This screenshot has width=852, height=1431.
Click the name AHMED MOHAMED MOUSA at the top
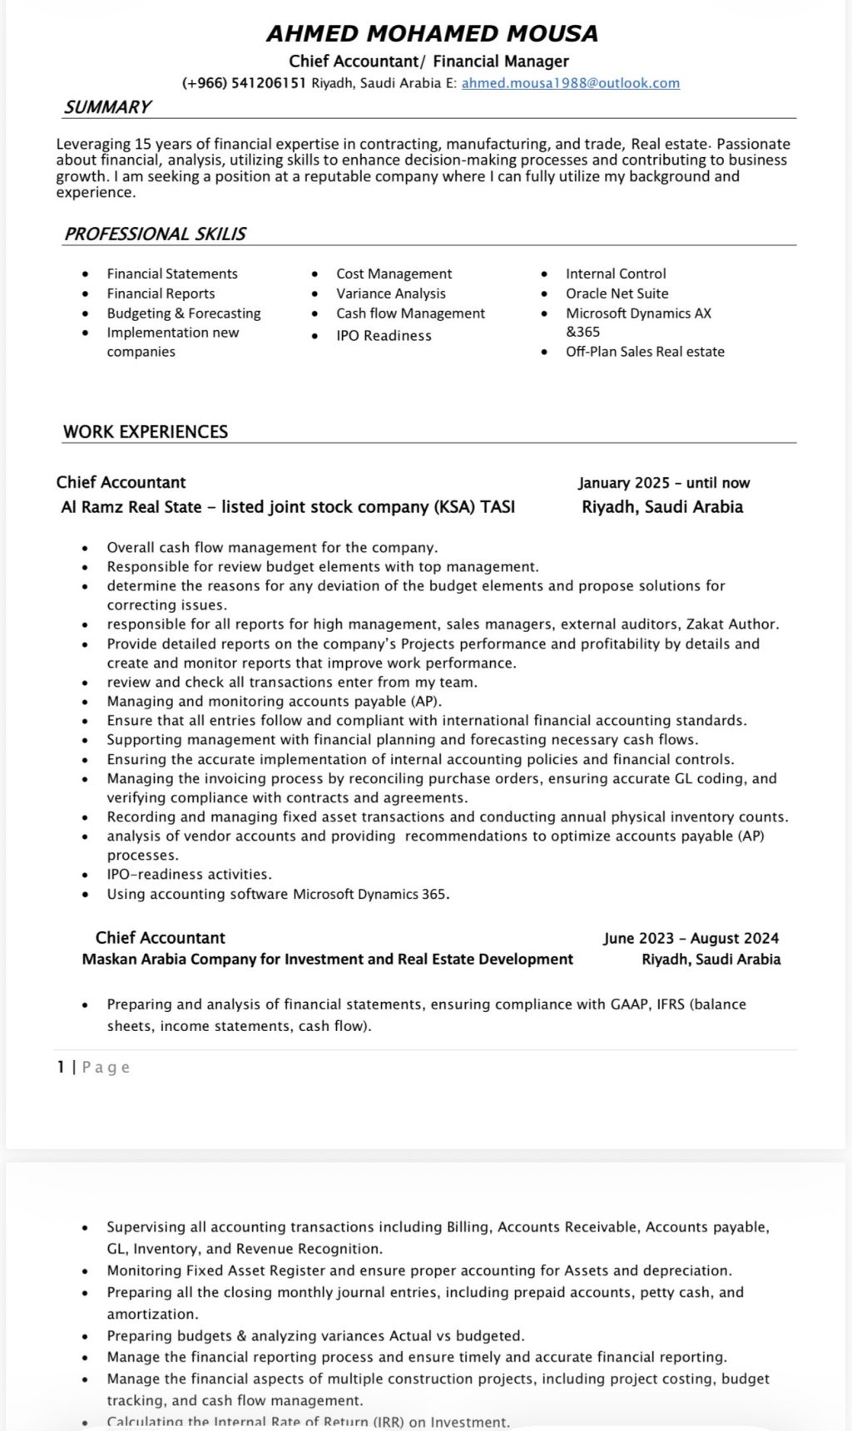pos(432,33)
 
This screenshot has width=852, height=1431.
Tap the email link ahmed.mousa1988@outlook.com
pos(570,83)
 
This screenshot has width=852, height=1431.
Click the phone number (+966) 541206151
pos(244,83)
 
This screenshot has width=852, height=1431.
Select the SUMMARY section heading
pos(107,107)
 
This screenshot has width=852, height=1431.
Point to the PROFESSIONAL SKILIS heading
pos(155,234)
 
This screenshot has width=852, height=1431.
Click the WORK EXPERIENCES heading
pos(145,432)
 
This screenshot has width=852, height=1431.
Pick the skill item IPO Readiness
pos(384,336)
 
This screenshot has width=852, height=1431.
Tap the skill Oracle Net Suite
pos(617,294)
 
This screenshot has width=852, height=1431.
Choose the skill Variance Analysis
pos(390,294)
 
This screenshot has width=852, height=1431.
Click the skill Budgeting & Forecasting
pos(183,313)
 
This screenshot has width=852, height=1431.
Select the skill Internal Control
pos(616,274)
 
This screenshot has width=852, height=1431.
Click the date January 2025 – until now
pos(664,483)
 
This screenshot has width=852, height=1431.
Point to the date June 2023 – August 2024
pos(691,938)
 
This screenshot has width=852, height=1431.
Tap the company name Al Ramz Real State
pos(131,506)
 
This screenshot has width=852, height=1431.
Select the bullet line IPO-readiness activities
pos(189,875)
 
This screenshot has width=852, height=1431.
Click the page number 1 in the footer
pos(61,1067)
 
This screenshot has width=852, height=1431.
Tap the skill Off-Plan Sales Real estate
pos(645,352)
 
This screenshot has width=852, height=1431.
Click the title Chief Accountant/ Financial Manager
pos(428,61)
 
